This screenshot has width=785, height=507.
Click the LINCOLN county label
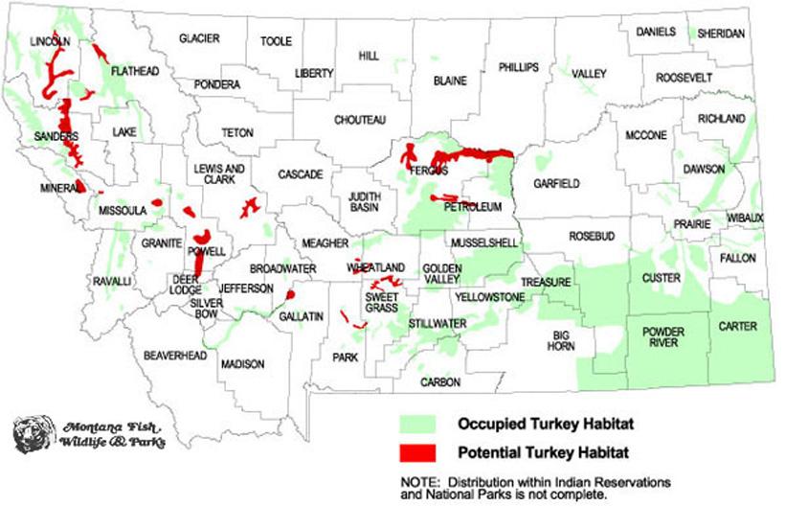click(50, 42)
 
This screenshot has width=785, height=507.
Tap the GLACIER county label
click(199, 38)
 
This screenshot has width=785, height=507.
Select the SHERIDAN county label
click(721, 33)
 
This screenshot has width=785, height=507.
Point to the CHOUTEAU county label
click(360, 120)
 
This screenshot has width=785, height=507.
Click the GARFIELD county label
click(557, 182)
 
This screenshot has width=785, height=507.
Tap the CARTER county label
click(737, 327)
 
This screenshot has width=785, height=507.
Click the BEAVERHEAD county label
click(175, 356)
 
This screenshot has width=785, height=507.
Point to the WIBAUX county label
click(745, 218)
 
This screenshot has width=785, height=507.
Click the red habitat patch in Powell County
click(202, 237)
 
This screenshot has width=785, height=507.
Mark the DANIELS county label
click(656, 33)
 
